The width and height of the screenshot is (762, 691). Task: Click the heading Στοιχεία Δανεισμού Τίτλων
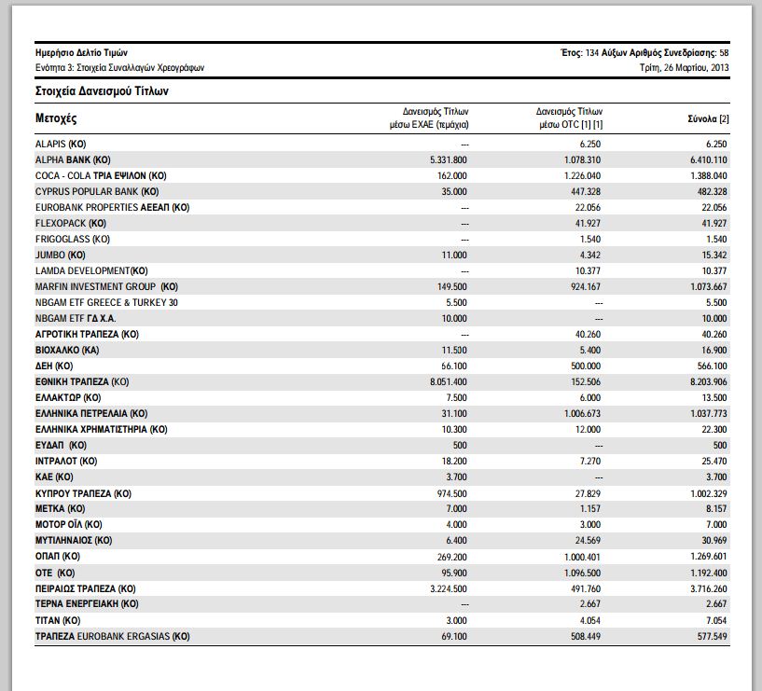pyautogui.click(x=102, y=91)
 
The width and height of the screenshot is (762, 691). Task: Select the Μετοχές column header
pyautogui.click(x=56, y=118)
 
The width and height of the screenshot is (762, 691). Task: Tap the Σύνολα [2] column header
pyautogui.click(x=708, y=118)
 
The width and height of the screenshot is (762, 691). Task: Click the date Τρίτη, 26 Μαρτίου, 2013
pyautogui.click(x=685, y=67)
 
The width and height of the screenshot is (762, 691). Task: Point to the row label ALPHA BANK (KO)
pyautogui.click(x=73, y=159)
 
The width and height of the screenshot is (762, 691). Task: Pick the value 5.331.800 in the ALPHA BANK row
pyautogui.click(x=448, y=159)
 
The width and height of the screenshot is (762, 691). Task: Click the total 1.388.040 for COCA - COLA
pyautogui.click(x=709, y=176)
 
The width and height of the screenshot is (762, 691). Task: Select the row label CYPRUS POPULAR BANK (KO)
pyautogui.click(x=97, y=191)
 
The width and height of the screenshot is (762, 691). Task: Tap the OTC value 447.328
pyautogui.click(x=586, y=191)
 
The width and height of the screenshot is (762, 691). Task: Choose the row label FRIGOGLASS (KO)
pyautogui.click(x=73, y=239)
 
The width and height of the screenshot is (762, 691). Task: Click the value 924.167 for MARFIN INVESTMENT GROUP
pyautogui.click(x=586, y=286)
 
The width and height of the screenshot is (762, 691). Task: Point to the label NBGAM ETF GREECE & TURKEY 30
pyautogui.click(x=106, y=303)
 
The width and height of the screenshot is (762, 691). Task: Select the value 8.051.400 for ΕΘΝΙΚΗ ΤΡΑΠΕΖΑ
pyautogui.click(x=448, y=382)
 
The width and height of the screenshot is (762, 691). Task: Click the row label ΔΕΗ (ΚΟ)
pyautogui.click(x=54, y=366)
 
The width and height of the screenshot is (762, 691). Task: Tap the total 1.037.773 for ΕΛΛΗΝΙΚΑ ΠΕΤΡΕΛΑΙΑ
pyautogui.click(x=709, y=413)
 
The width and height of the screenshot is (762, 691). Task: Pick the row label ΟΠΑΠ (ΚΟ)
pyautogui.click(x=57, y=557)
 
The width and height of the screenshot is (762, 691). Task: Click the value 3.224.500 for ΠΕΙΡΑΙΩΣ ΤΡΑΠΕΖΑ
pyautogui.click(x=448, y=589)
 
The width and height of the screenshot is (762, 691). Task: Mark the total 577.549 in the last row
pyautogui.click(x=712, y=636)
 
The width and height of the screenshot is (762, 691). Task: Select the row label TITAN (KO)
pyautogui.click(x=58, y=620)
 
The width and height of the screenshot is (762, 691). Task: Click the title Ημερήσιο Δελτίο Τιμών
pyautogui.click(x=81, y=52)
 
